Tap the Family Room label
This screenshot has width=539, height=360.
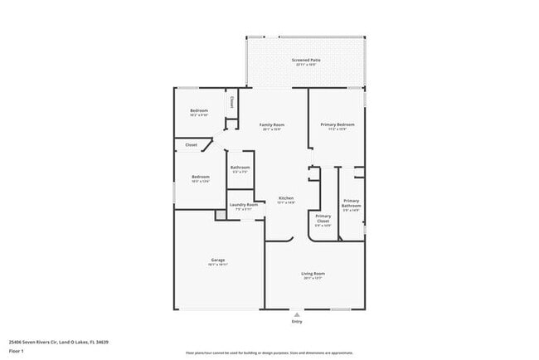pyautogui.click(x=272, y=125)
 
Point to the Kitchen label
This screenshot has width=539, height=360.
pyautogui.click(x=286, y=198)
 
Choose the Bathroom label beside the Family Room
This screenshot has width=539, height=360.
pyautogui.click(x=240, y=168)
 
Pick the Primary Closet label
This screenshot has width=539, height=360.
pyautogui.click(x=323, y=219)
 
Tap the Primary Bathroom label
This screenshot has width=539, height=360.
pyautogui.click(x=351, y=203)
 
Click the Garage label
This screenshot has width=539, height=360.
pyautogui.click(x=218, y=260)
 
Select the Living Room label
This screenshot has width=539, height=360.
pyautogui.click(x=313, y=274)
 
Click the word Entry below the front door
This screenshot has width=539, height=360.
pyautogui.click(x=297, y=322)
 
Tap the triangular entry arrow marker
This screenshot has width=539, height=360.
pyautogui.click(x=297, y=314)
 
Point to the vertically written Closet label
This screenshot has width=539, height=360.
pyautogui.click(x=231, y=103)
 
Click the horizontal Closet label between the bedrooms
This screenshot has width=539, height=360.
pyautogui.click(x=191, y=145)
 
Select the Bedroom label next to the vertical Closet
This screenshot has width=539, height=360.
pyautogui.click(x=199, y=111)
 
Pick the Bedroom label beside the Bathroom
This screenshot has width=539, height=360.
pyautogui.click(x=201, y=177)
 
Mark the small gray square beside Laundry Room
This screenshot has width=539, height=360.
pyautogui.click(x=221, y=215)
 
